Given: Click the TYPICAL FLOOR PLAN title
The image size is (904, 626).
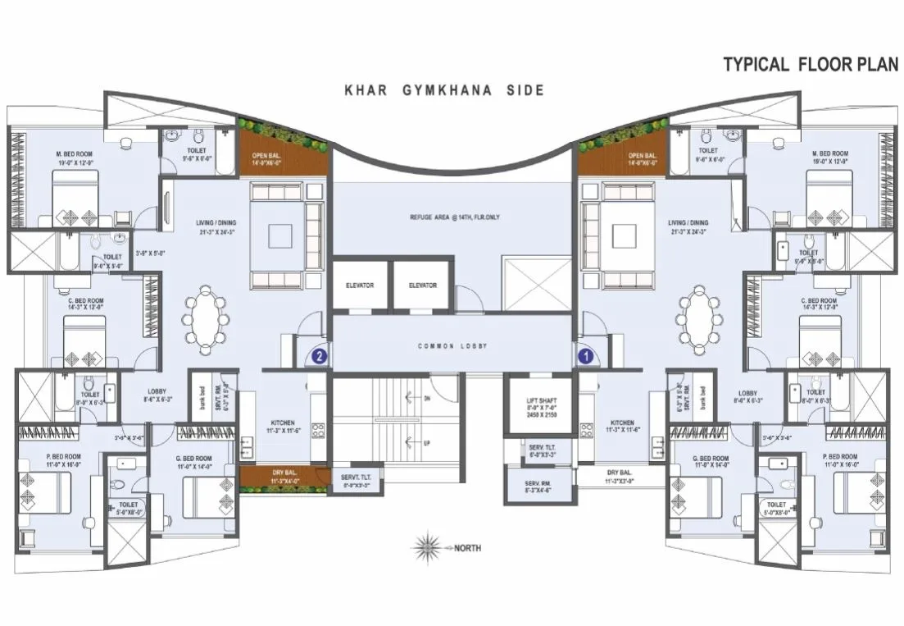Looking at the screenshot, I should (x=810, y=65).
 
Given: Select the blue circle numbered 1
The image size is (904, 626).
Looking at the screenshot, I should (x=585, y=356).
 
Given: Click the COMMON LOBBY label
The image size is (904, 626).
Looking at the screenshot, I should (x=452, y=346).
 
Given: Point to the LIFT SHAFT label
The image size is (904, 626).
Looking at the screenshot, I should (x=542, y=400).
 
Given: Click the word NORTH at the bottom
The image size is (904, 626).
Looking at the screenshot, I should (x=468, y=547).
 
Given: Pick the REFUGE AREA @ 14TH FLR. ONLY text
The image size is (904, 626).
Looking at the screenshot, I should (x=454, y=217).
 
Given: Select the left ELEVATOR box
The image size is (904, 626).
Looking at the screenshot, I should (x=360, y=286).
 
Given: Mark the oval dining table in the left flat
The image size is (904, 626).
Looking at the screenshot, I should (x=207, y=320).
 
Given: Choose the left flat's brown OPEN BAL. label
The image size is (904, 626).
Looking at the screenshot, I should (x=266, y=158).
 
